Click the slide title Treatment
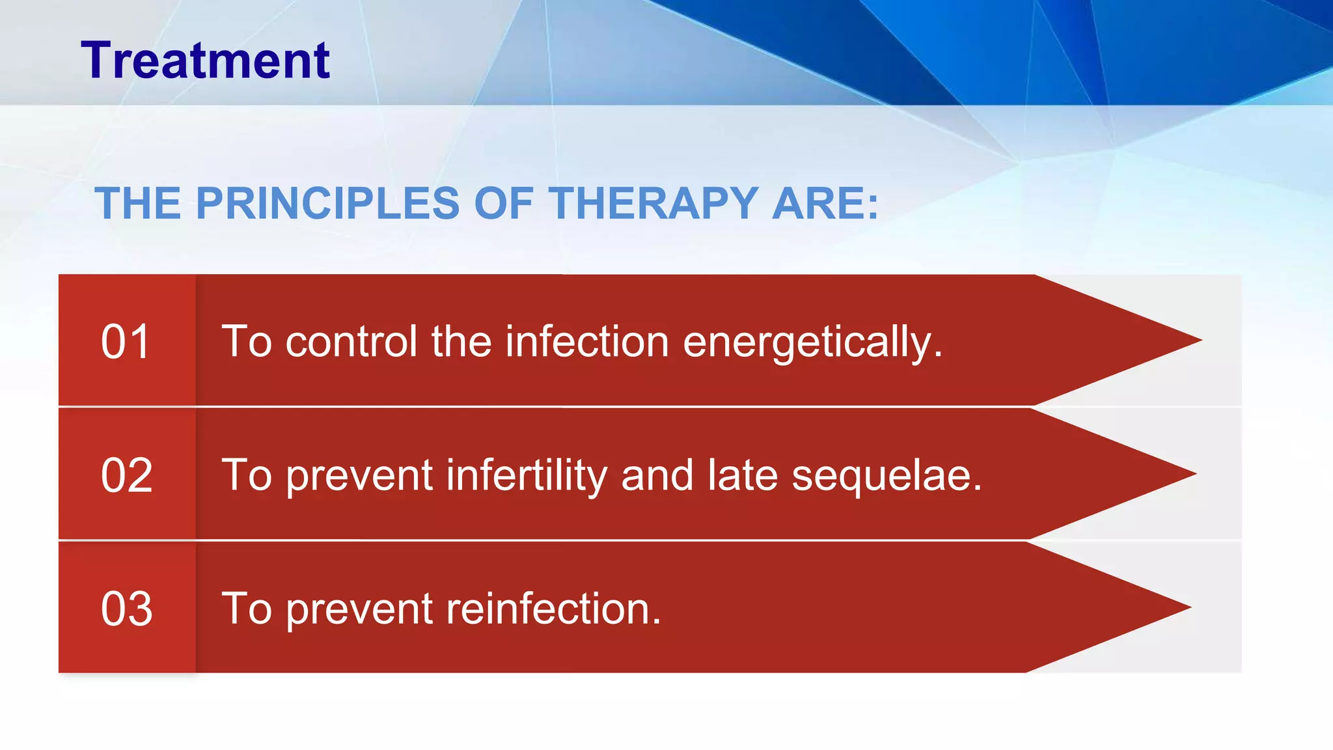pyautogui.click(x=205, y=61)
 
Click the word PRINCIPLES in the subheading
pyautogui.click(x=327, y=204)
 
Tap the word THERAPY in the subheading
pyautogui.click(x=653, y=204)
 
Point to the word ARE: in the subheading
pyautogui.click(x=825, y=204)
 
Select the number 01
pyautogui.click(x=126, y=342)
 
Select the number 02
pyautogui.click(x=126, y=475)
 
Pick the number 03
pyautogui.click(x=126, y=609)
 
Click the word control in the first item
pyautogui.click(x=351, y=342)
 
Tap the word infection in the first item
pyautogui.click(x=587, y=342)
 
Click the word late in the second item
pyautogui.click(x=742, y=475)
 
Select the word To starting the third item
pyautogui.click(x=246, y=609)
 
